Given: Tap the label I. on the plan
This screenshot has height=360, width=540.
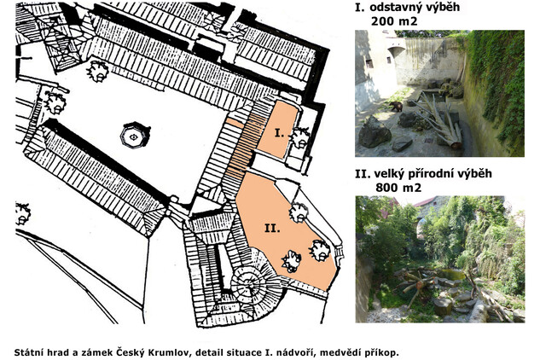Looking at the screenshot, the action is click(x=279, y=132).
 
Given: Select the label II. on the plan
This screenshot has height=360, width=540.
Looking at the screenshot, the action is click(x=272, y=228).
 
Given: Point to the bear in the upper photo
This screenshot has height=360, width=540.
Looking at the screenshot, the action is click(x=396, y=107).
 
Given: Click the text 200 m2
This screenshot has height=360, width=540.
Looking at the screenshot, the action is click(x=394, y=21).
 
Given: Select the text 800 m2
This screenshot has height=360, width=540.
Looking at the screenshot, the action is click(x=398, y=188).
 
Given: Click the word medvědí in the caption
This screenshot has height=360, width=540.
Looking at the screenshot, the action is click(x=354, y=353).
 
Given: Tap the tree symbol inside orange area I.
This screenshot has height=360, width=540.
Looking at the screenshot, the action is click(x=300, y=137).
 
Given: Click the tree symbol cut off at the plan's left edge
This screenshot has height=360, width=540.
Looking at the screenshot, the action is click(x=22, y=213).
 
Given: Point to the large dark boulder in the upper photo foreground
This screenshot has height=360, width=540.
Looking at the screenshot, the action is click(x=375, y=132).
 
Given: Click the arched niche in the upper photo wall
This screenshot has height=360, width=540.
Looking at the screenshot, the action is click(x=397, y=55).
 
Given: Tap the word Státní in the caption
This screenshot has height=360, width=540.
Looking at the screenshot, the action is click(x=26, y=353).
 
